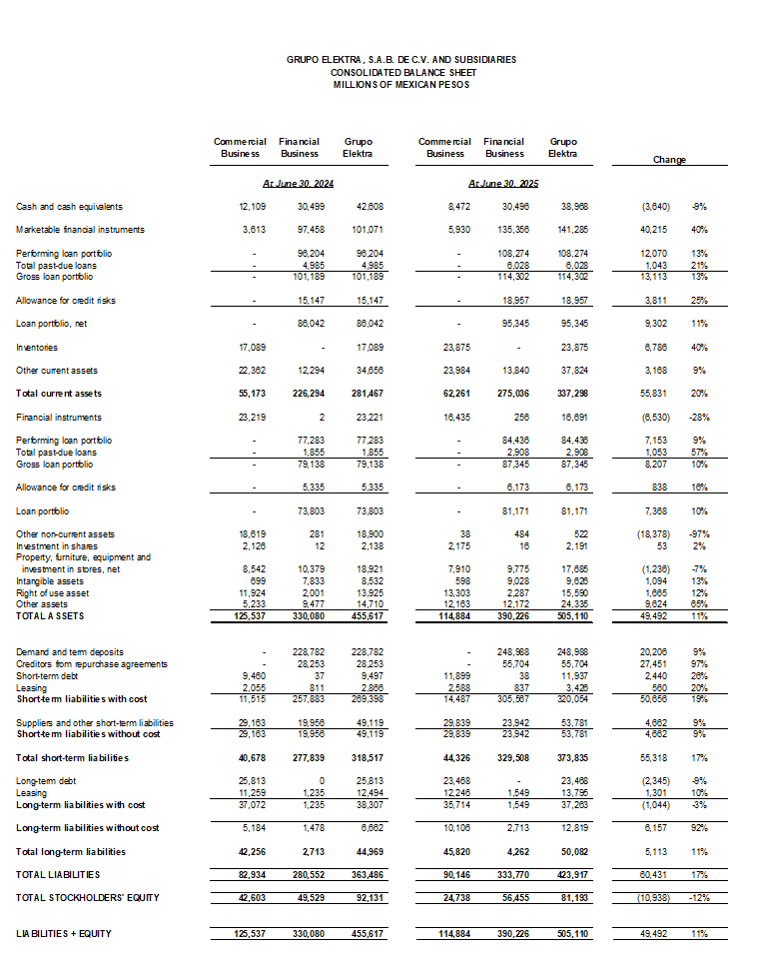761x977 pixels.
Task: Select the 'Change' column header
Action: tap(668, 159)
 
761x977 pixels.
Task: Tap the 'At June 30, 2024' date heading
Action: tap(299, 184)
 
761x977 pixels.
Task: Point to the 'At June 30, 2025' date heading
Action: tap(503, 184)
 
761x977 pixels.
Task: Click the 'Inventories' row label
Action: tap(37, 348)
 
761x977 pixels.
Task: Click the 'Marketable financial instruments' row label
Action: tap(80, 230)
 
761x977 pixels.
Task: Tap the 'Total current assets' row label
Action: tap(59, 394)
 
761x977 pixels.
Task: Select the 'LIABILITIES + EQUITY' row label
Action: tap(64, 933)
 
